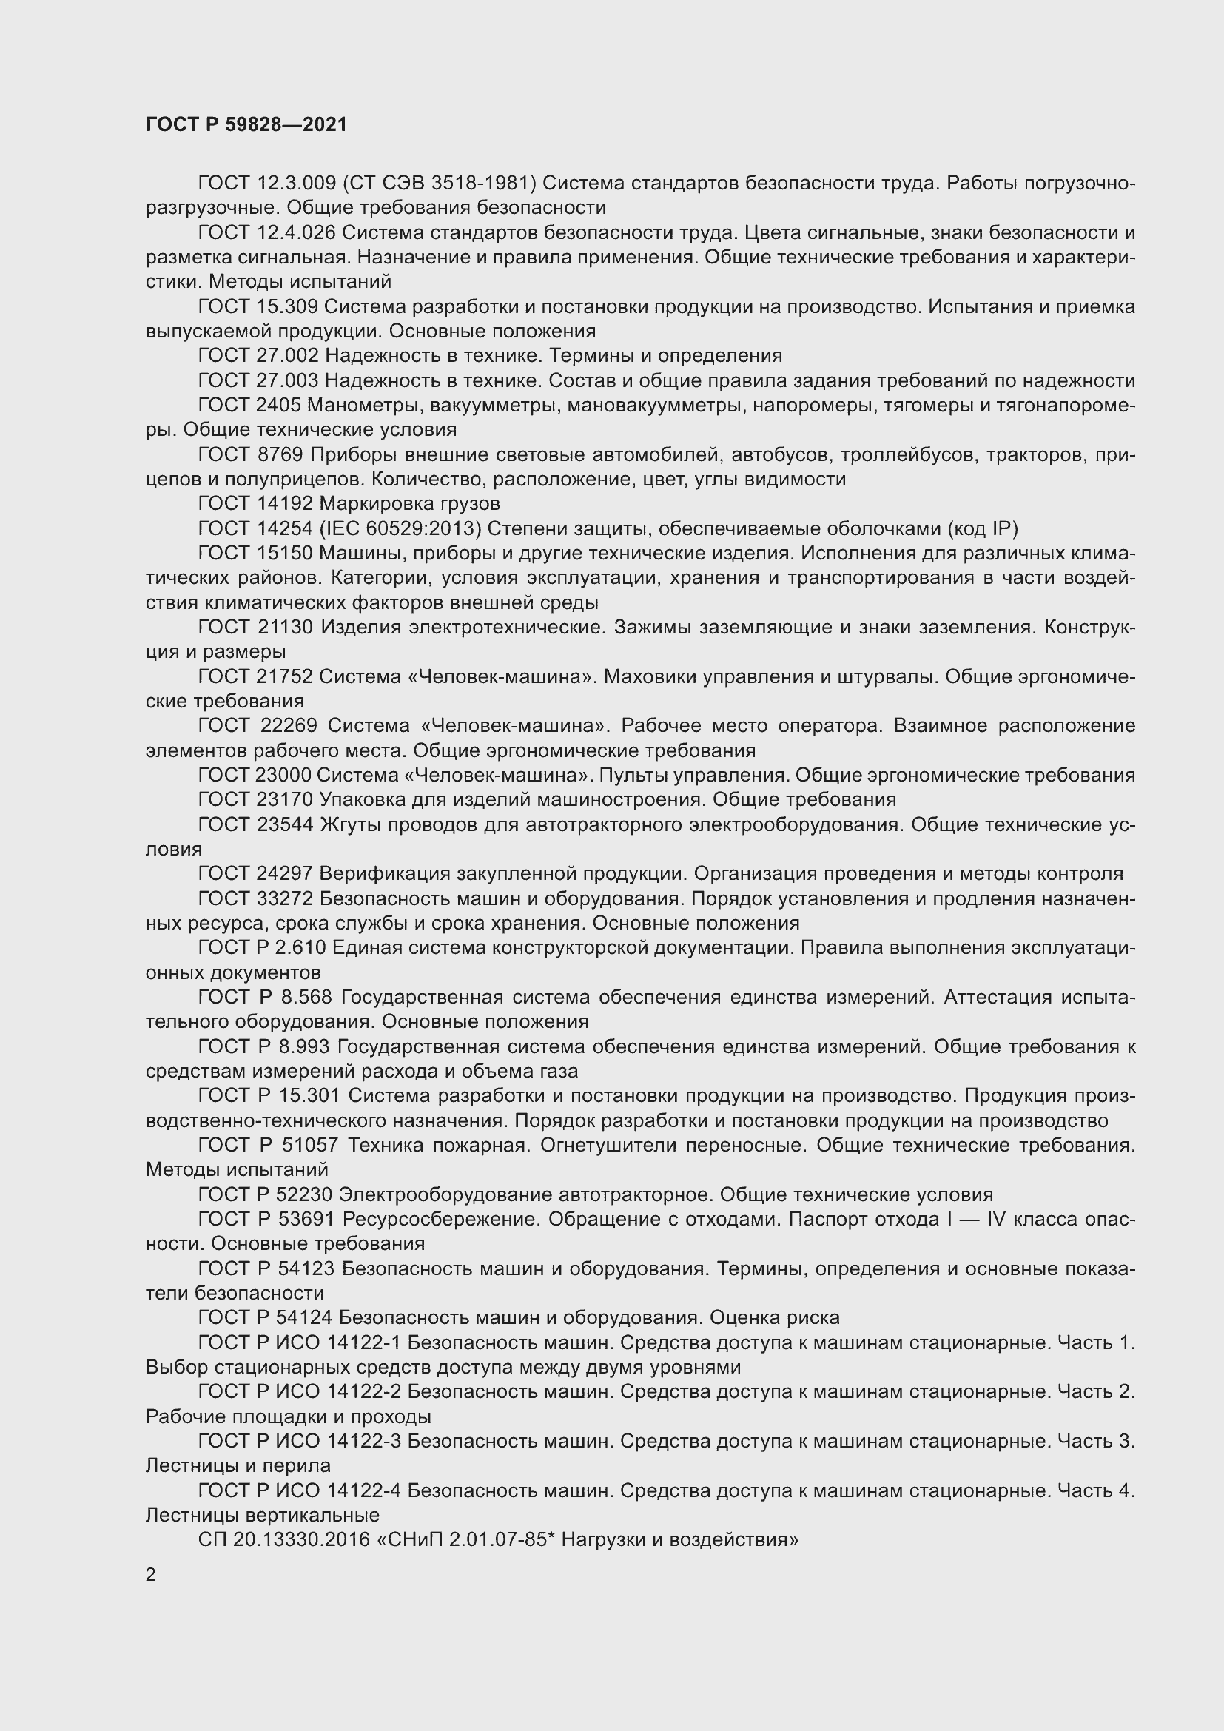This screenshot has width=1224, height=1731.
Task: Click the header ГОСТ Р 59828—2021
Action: [x=246, y=124]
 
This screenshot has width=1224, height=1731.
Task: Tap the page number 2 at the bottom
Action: [x=151, y=1574]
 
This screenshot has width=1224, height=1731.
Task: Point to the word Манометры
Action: [x=366, y=406]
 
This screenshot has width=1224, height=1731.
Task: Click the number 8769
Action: [x=280, y=454]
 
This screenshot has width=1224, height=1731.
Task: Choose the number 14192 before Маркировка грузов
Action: [x=285, y=504]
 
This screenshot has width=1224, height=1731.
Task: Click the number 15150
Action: [x=285, y=554]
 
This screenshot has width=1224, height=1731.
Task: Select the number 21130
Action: [x=286, y=628]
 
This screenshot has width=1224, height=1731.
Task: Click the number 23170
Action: [x=285, y=800]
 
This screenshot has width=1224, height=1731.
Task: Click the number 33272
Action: [x=286, y=898]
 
